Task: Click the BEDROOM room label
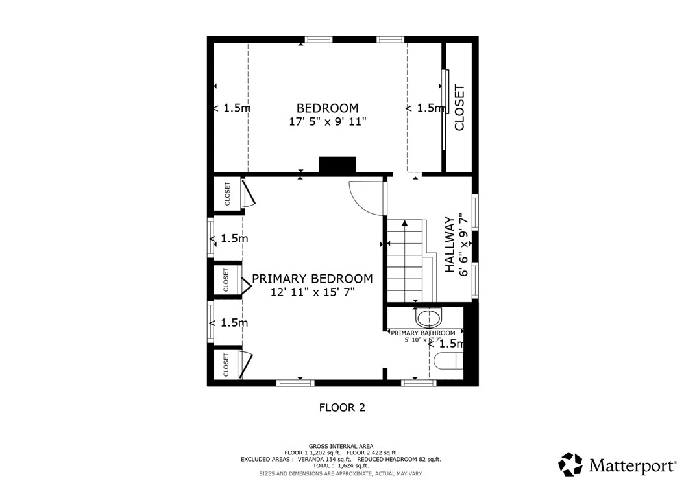(327, 108)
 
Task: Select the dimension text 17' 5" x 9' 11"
(327, 121)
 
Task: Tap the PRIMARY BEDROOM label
(312, 279)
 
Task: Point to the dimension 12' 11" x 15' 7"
(312, 292)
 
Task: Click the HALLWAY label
(449, 245)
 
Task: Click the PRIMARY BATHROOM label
(422, 333)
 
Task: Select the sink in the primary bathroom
(428, 317)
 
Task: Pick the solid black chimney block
(337, 165)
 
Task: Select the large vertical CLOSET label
(459, 108)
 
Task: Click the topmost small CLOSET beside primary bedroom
(227, 194)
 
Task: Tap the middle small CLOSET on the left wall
(226, 280)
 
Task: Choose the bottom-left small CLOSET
(226, 364)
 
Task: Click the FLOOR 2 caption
(342, 408)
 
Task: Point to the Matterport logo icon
(570, 464)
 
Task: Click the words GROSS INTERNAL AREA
(341, 446)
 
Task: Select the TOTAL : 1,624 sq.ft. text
(341, 465)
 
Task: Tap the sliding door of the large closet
(445, 110)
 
